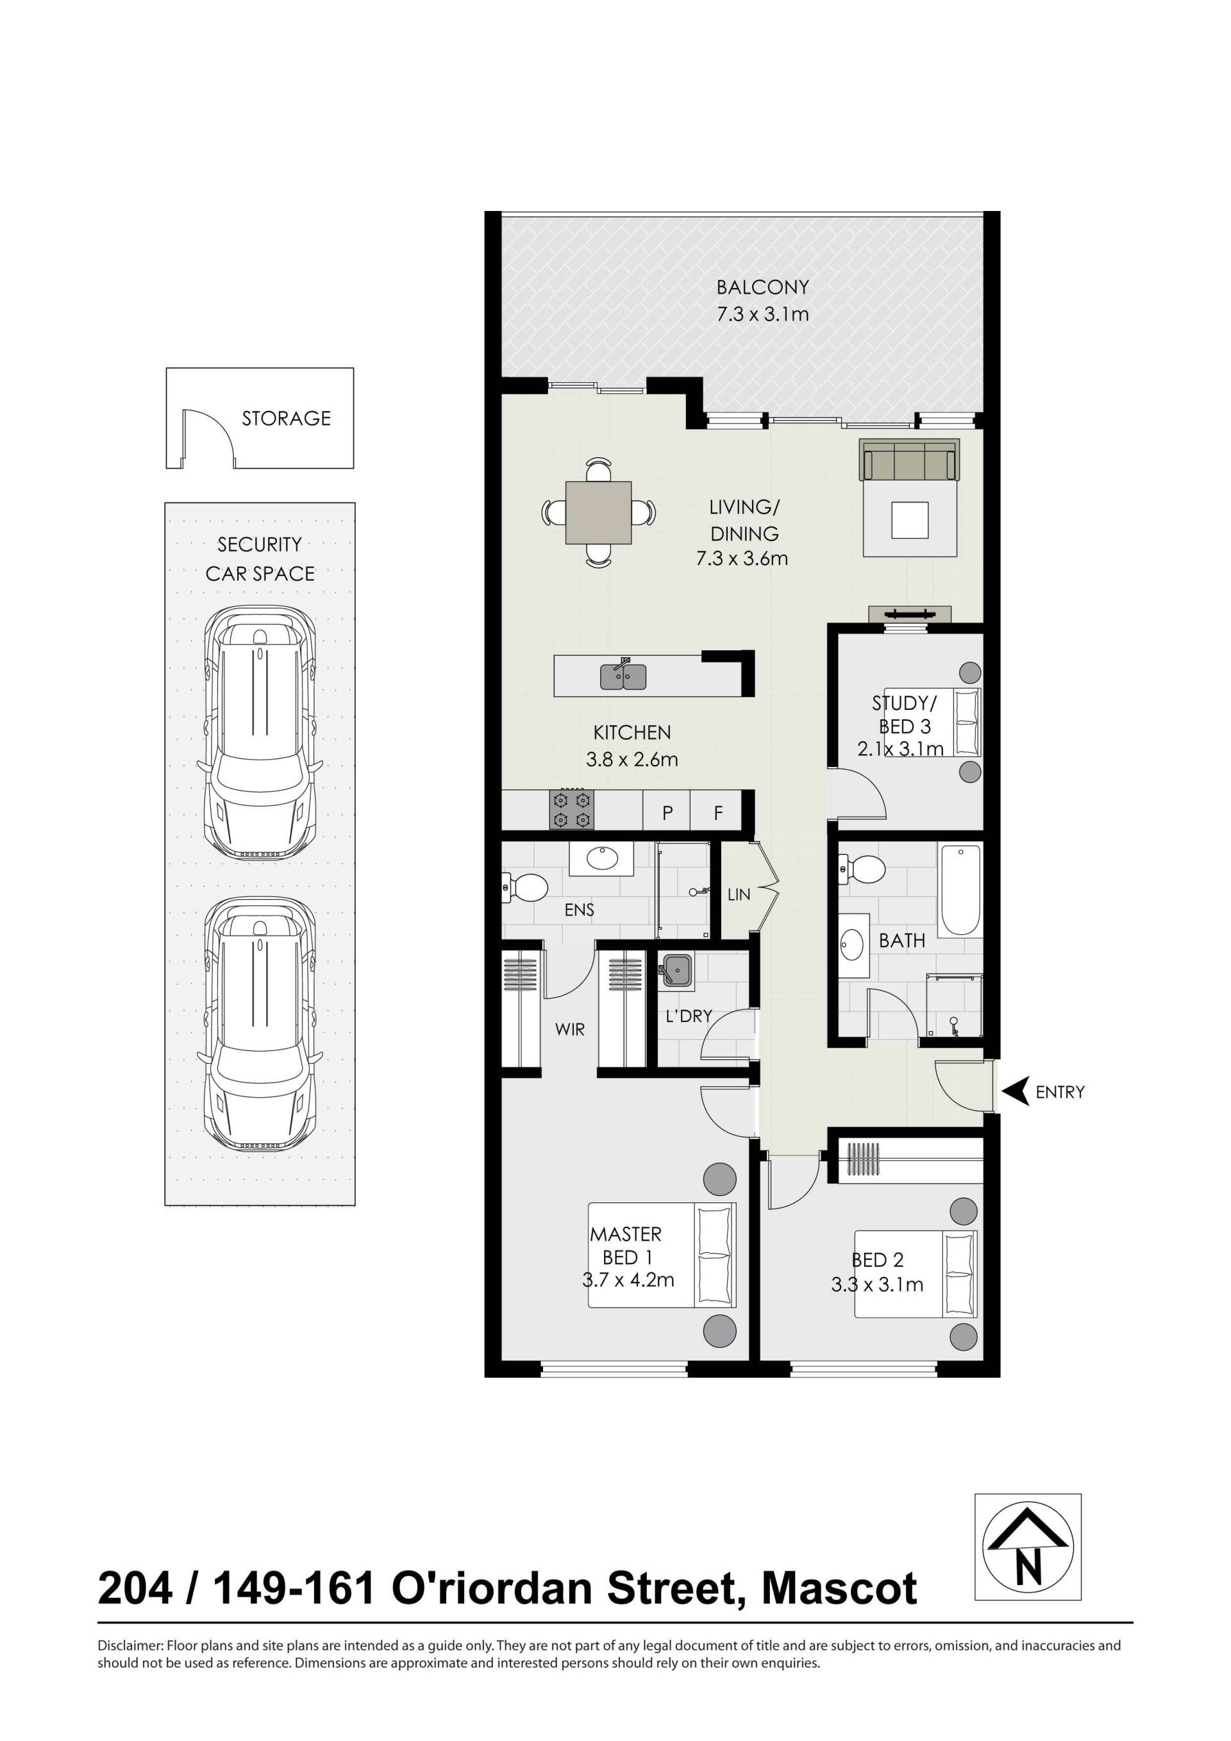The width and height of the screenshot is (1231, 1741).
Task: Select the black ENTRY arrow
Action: pyautogui.click(x=1015, y=1091)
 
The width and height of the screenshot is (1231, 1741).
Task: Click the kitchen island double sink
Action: pyautogui.click(x=623, y=676)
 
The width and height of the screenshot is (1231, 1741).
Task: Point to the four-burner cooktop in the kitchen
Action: pyautogui.click(x=571, y=810)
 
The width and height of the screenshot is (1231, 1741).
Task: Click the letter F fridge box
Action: pyautogui.click(x=718, y=814)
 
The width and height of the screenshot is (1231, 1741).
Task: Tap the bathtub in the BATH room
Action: pyautogui.click(x=960, y=890)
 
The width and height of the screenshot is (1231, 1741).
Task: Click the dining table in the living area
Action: pyautogui.click(x=598, y=512)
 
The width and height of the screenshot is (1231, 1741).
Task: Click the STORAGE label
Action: pyautogui.click(x=287, y=419)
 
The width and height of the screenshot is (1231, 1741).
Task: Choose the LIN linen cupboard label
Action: pyautogui.click(x=739, y=895)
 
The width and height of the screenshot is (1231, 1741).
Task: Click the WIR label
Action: pyautogui.click(x=570, y=1030)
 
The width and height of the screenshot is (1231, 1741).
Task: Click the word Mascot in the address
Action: pyautogui.click(x=839, y=1588)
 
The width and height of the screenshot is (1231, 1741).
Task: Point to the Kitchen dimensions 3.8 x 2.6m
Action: pyautogui.click(x=632, y=759)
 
